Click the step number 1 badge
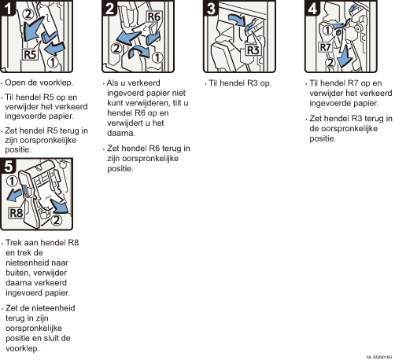7,8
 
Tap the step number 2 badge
109,8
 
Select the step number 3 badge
211,8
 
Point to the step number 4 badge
312,8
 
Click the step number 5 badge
8,166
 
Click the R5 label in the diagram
30,55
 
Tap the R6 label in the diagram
154,17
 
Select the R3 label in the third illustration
253,50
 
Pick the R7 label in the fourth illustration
325,47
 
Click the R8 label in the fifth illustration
17,213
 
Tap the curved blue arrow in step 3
236,20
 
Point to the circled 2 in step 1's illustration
28,14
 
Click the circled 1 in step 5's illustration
12,181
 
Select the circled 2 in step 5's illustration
56,219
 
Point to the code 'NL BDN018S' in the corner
379,357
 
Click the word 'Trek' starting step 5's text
14,242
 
